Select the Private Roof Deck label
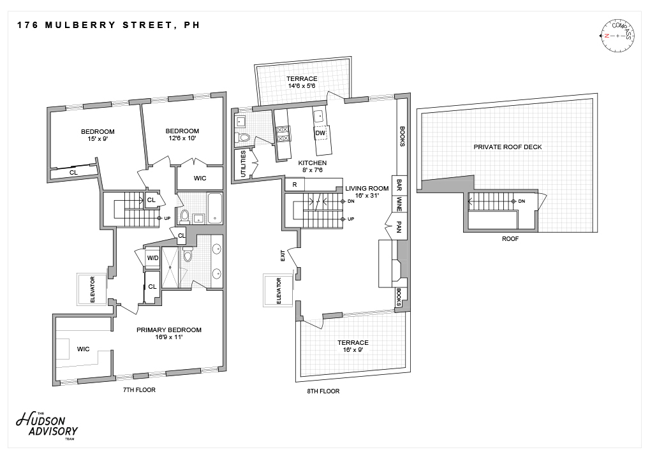click(507, 147)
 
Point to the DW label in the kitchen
click(320, 133)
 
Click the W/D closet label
click(152, 258)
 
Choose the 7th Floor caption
click(139, 390)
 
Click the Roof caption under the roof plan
click(510, 239)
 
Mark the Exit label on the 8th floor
click(283, 256)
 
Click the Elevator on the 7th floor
click(92, 289)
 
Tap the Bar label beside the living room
click(399, 184)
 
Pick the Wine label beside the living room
click(399, 205)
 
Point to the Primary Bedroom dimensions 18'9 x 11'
click(168, 337)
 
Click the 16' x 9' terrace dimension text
click(353, 351)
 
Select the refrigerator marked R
click(294, 184)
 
